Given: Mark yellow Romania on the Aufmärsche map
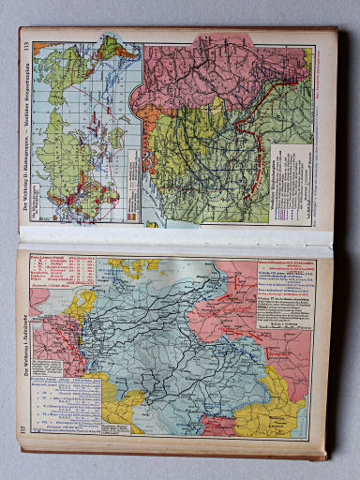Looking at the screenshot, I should point(272,412).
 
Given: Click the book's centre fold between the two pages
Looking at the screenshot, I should point(178,242).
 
